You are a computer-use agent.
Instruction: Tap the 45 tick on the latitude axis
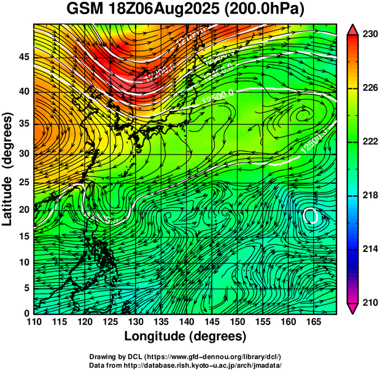click(23, 56)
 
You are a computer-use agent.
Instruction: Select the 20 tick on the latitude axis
click(23, 209)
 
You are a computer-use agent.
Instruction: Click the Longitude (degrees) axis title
click(185, 337)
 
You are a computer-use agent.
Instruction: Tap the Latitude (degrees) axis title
click(8, 169)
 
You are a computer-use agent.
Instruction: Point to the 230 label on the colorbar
click(370, 35)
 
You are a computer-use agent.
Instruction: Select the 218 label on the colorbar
click(370, 196)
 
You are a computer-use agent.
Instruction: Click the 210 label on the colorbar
click(370, 302)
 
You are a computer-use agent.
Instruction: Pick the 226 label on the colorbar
click(370, 88)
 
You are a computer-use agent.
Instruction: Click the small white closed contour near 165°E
click(311, 215)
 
